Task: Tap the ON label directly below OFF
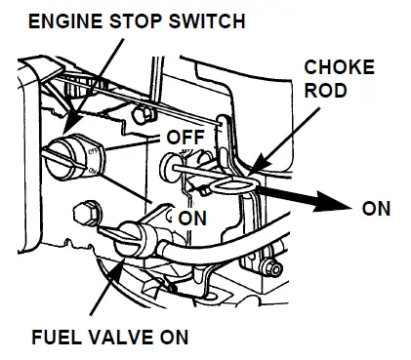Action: pos(191,217)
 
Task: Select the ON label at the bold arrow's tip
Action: pos(377,208)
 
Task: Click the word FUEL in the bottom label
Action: pos(55,339)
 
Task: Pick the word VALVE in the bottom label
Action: pos(117,339)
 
